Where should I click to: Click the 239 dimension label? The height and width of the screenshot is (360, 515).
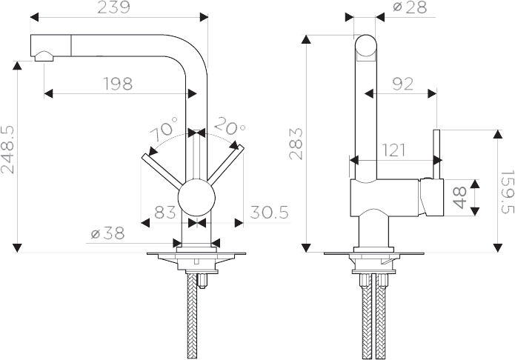click(113, 7)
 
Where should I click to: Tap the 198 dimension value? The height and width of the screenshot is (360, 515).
click(118, 84)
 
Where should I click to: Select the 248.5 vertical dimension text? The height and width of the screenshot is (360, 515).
click(8, 150)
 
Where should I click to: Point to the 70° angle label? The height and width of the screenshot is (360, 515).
click(165, 129)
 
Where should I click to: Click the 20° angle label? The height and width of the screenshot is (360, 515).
click(230, 126)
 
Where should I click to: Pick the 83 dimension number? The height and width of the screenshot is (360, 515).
click(165, 212)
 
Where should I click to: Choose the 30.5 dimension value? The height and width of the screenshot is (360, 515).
click(269, 212)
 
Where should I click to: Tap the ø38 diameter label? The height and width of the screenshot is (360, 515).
click(107, 233)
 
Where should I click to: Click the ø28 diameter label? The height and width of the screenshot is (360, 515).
click(411, 7)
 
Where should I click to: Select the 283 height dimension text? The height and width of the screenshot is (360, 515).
click(296, 144)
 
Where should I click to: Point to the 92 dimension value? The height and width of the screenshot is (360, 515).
click(402, 84)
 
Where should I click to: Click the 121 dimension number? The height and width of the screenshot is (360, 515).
click(393, 150)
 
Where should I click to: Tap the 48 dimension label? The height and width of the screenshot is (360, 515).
click(460, 198)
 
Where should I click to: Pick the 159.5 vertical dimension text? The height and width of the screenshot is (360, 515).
click(508, 192)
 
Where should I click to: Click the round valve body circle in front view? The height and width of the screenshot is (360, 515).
click(196, 198)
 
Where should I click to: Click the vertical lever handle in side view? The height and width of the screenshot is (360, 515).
click(436, 154)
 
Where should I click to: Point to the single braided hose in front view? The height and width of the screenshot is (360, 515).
click(192, 316)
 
